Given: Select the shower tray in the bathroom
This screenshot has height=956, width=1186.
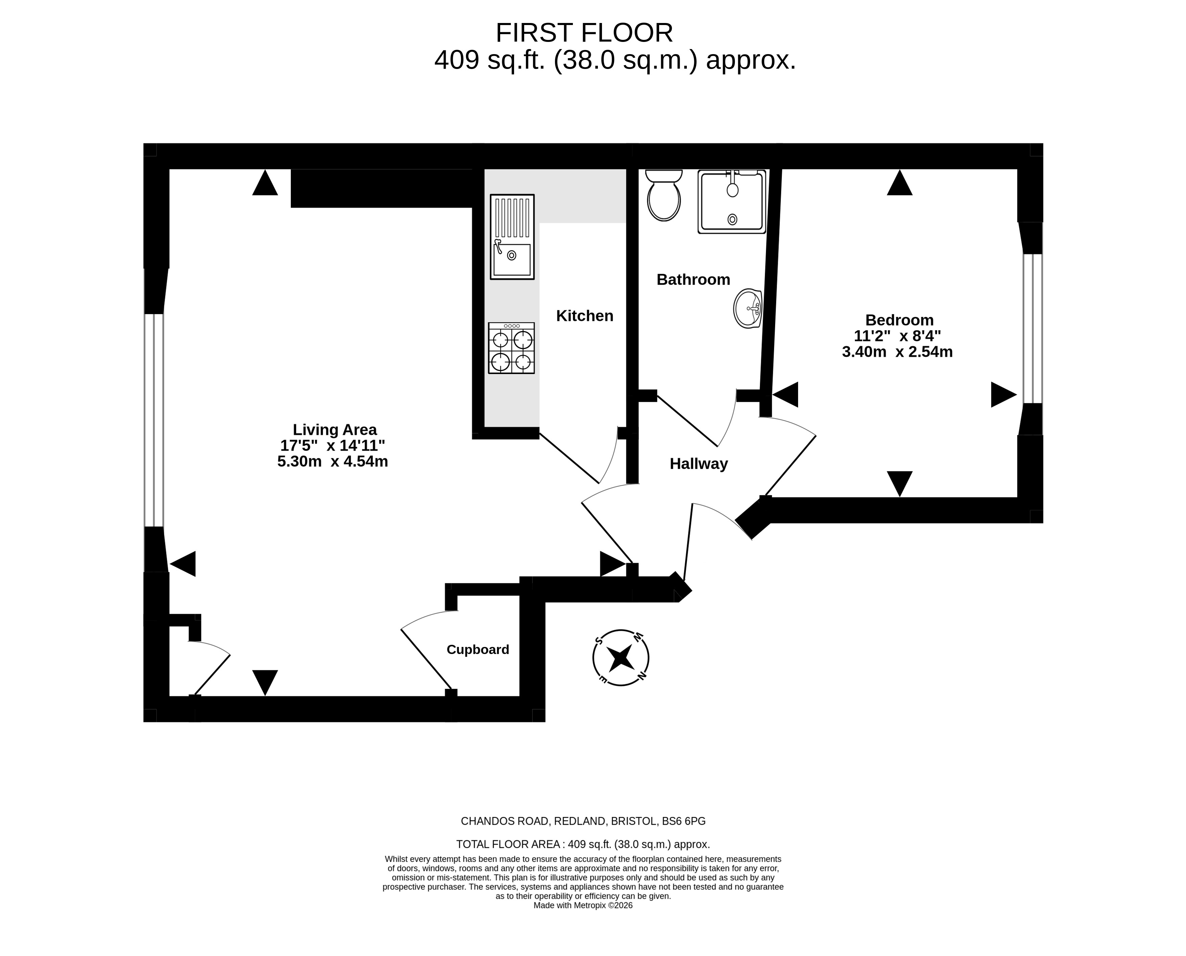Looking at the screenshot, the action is coord(732,202).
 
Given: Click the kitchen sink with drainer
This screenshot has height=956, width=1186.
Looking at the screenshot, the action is coord(512,237).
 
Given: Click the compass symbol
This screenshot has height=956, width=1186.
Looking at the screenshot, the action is coord(621,657).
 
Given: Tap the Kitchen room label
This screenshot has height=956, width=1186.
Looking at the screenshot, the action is coord(585,316).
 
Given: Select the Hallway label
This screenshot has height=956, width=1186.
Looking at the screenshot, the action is coord(699,464).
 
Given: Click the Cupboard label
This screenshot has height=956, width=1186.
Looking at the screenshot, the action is coord(478,649).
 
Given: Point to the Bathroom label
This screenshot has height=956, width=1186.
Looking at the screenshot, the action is coord(693,279).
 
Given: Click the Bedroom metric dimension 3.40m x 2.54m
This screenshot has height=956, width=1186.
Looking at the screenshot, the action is coord(898,351).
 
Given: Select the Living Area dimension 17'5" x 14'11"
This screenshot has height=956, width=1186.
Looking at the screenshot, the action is coord(332,445).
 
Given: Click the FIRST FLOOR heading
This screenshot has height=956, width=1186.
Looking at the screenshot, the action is coord(584,33).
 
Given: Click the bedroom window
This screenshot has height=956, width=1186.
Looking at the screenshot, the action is coord(1033,328).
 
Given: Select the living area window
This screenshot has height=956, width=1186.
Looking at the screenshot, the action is coord(154,420).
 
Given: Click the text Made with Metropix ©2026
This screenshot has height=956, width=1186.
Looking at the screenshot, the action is coord(583,905).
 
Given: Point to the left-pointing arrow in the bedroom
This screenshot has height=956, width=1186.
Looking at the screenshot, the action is coord(785,394).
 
